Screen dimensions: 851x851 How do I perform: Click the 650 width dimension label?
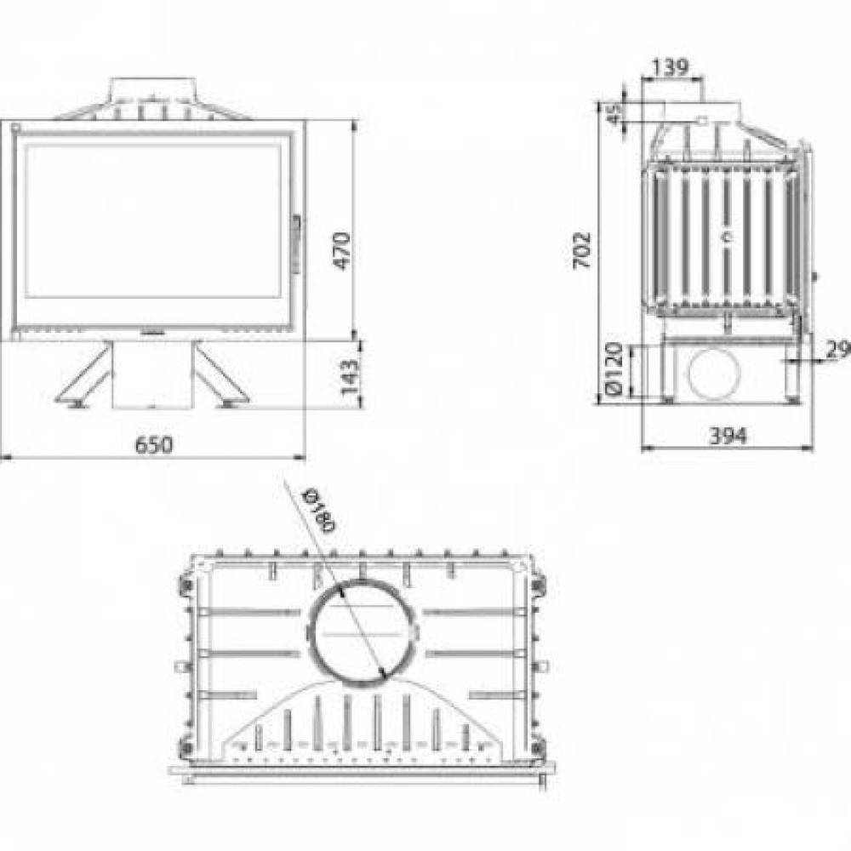click(x=153, y=444)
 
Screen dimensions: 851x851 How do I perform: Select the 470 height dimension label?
click(x=342, y=250)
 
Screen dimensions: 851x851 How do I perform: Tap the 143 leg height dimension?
click(x=349, y=376)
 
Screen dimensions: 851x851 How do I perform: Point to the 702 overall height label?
click(x=581, y=250)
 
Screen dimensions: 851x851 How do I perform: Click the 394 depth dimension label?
click(x=728, y=435)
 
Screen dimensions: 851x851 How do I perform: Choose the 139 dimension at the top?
click(x=670, y=67)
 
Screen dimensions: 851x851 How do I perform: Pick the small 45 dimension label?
click(x=614, y=115)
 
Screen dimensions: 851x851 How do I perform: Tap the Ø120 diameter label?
click(x=613, y=369)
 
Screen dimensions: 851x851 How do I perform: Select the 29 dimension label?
click(x=837, y=350)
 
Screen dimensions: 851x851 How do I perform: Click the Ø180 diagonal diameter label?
click(x=319, y=510)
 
